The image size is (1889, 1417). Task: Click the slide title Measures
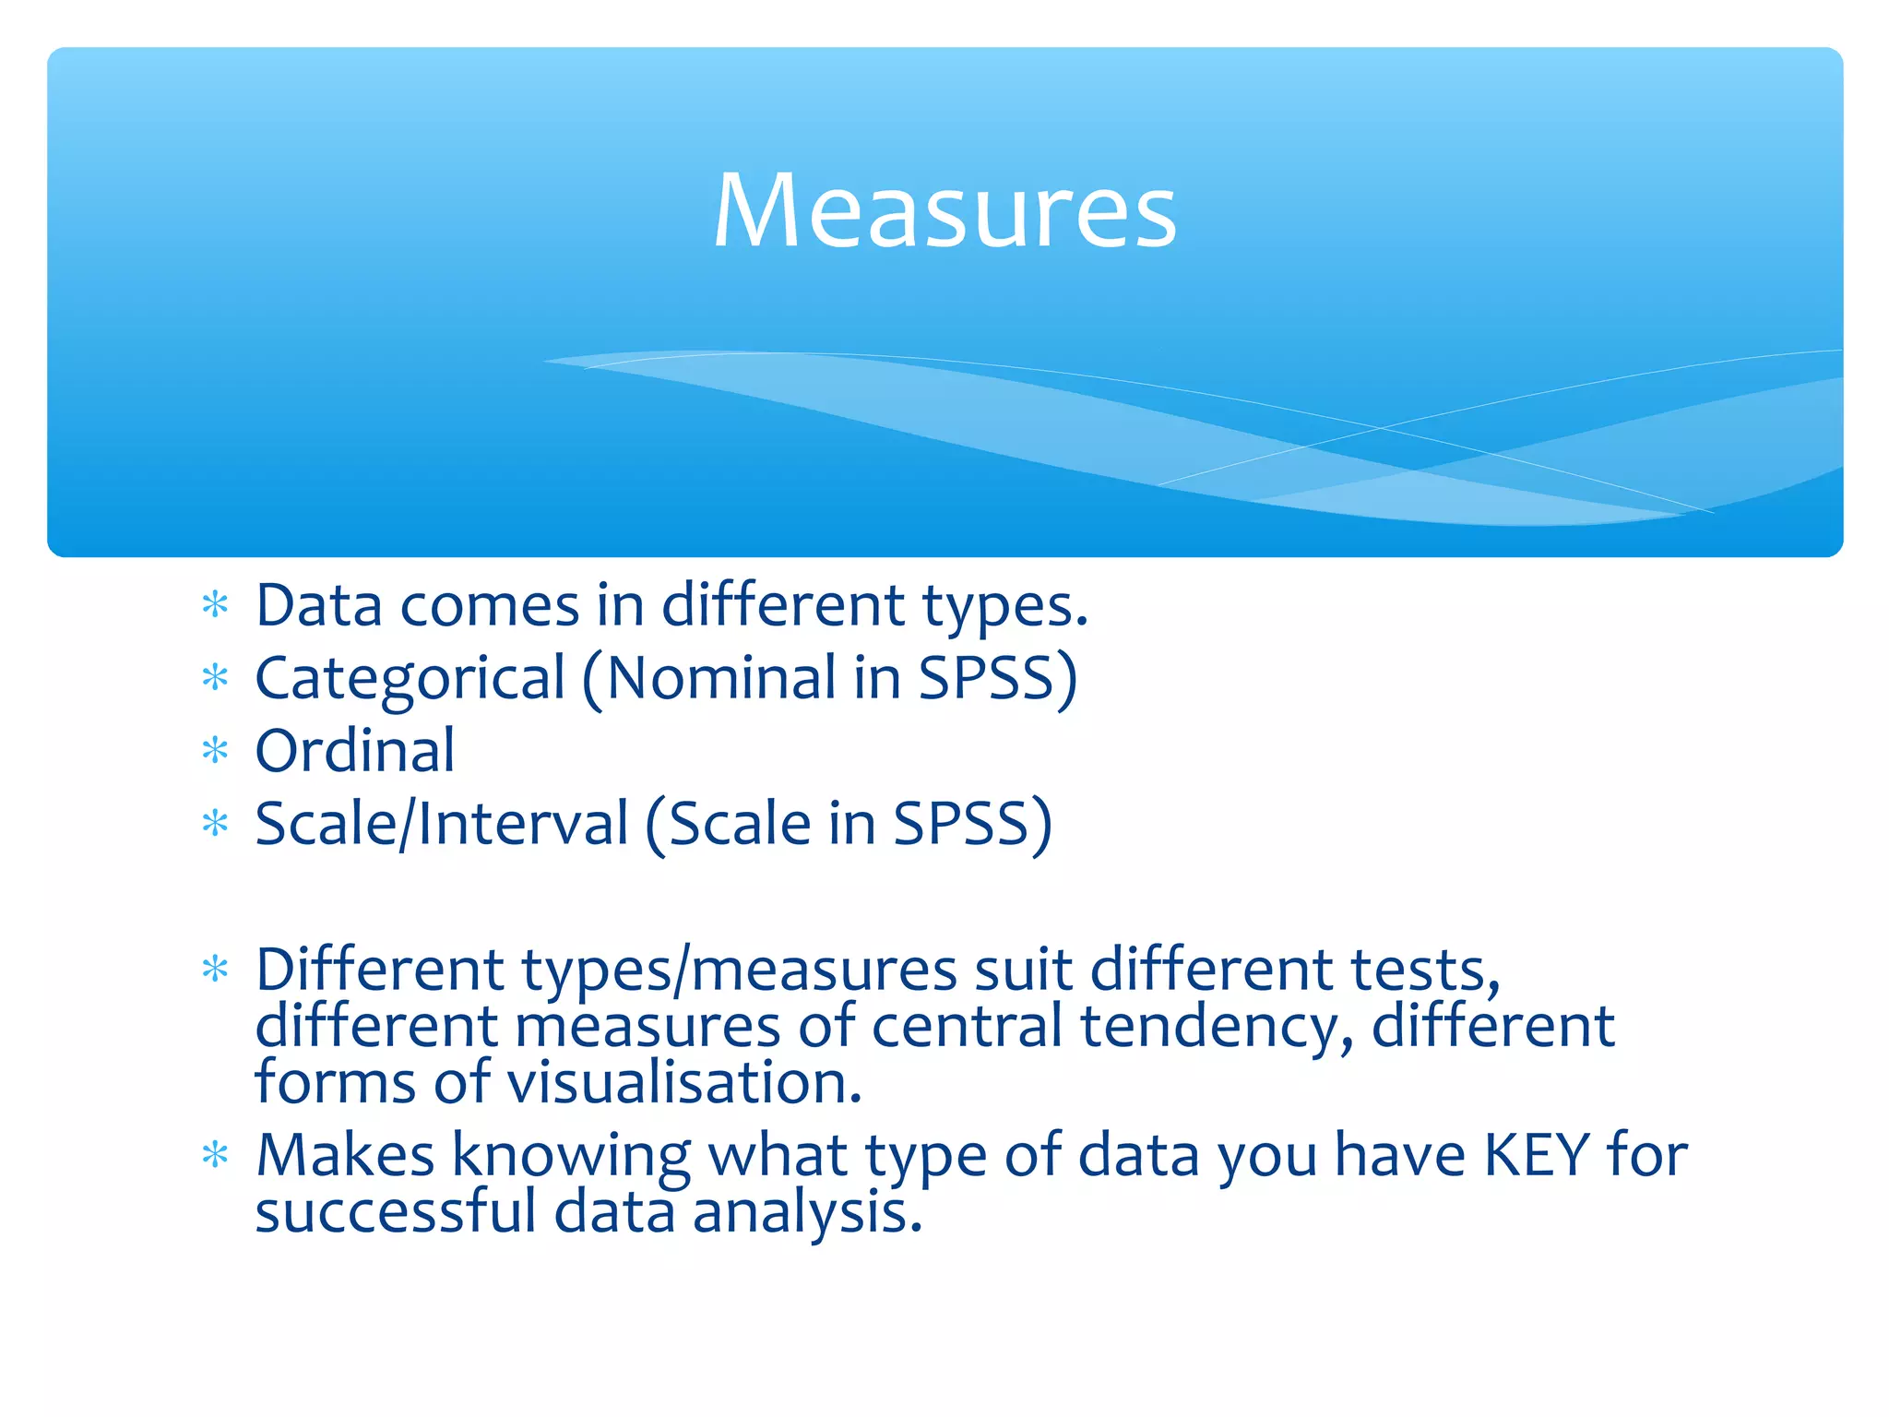pos(944,211)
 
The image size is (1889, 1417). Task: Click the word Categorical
pos(410,679)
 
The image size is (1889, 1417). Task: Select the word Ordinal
pos(355,751)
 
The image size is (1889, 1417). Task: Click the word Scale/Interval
pos(441,824)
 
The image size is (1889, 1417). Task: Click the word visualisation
pos(684,1083)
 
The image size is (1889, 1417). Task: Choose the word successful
pos(396,1212)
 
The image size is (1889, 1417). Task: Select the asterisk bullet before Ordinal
pos(215,751)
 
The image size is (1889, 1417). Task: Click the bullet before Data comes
pos(215,606)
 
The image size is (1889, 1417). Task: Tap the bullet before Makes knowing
pos(215,1155)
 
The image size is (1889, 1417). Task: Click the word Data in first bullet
pos(319,606)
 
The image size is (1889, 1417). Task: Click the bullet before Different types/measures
pos(215,970)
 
